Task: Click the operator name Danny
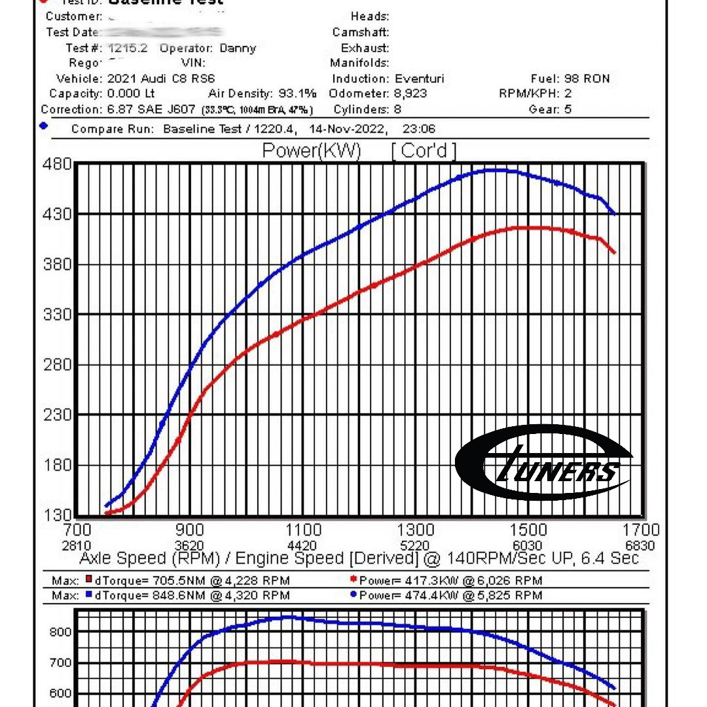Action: pyautogui.click(x=238, y=48)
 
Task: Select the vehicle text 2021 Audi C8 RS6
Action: pyautogui.click(x=161, y=79)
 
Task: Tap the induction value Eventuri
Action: pyautogui.click(x=420, y=79)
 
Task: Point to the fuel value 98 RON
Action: pyautogui.click(x=587, y=79)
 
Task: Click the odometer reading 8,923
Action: pyautogui.click(x=410, y=94)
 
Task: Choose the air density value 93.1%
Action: pyautogui.click(x=299, y=94)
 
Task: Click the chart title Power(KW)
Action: pyautogui.click(x=311, y=151)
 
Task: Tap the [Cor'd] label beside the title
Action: pyautogui.click(x=424, y=151)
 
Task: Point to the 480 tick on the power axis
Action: pyautogui.click(x=58, y=164)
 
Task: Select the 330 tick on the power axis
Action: pyautogui.click(x=58, y=314)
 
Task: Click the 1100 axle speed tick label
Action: pyautogui.click(x=304, y=530)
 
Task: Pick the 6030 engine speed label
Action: pyautogui.click(x=527, y=546)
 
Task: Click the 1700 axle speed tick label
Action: pyautogui.click(x=641, y=530)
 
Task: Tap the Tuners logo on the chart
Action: pyautogui.click(x=543, y=463)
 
